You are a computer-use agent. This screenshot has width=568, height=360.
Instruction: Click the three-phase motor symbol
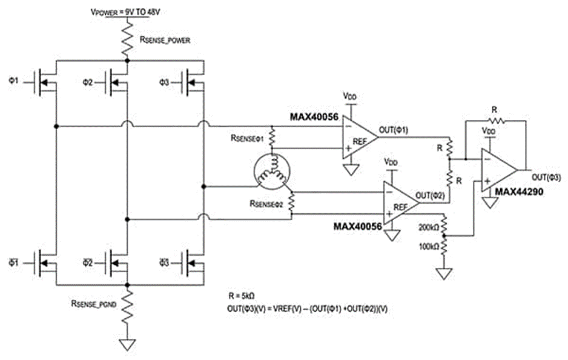[270, 169]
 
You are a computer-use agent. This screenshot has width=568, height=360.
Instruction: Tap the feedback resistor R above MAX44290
[495, 121]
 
